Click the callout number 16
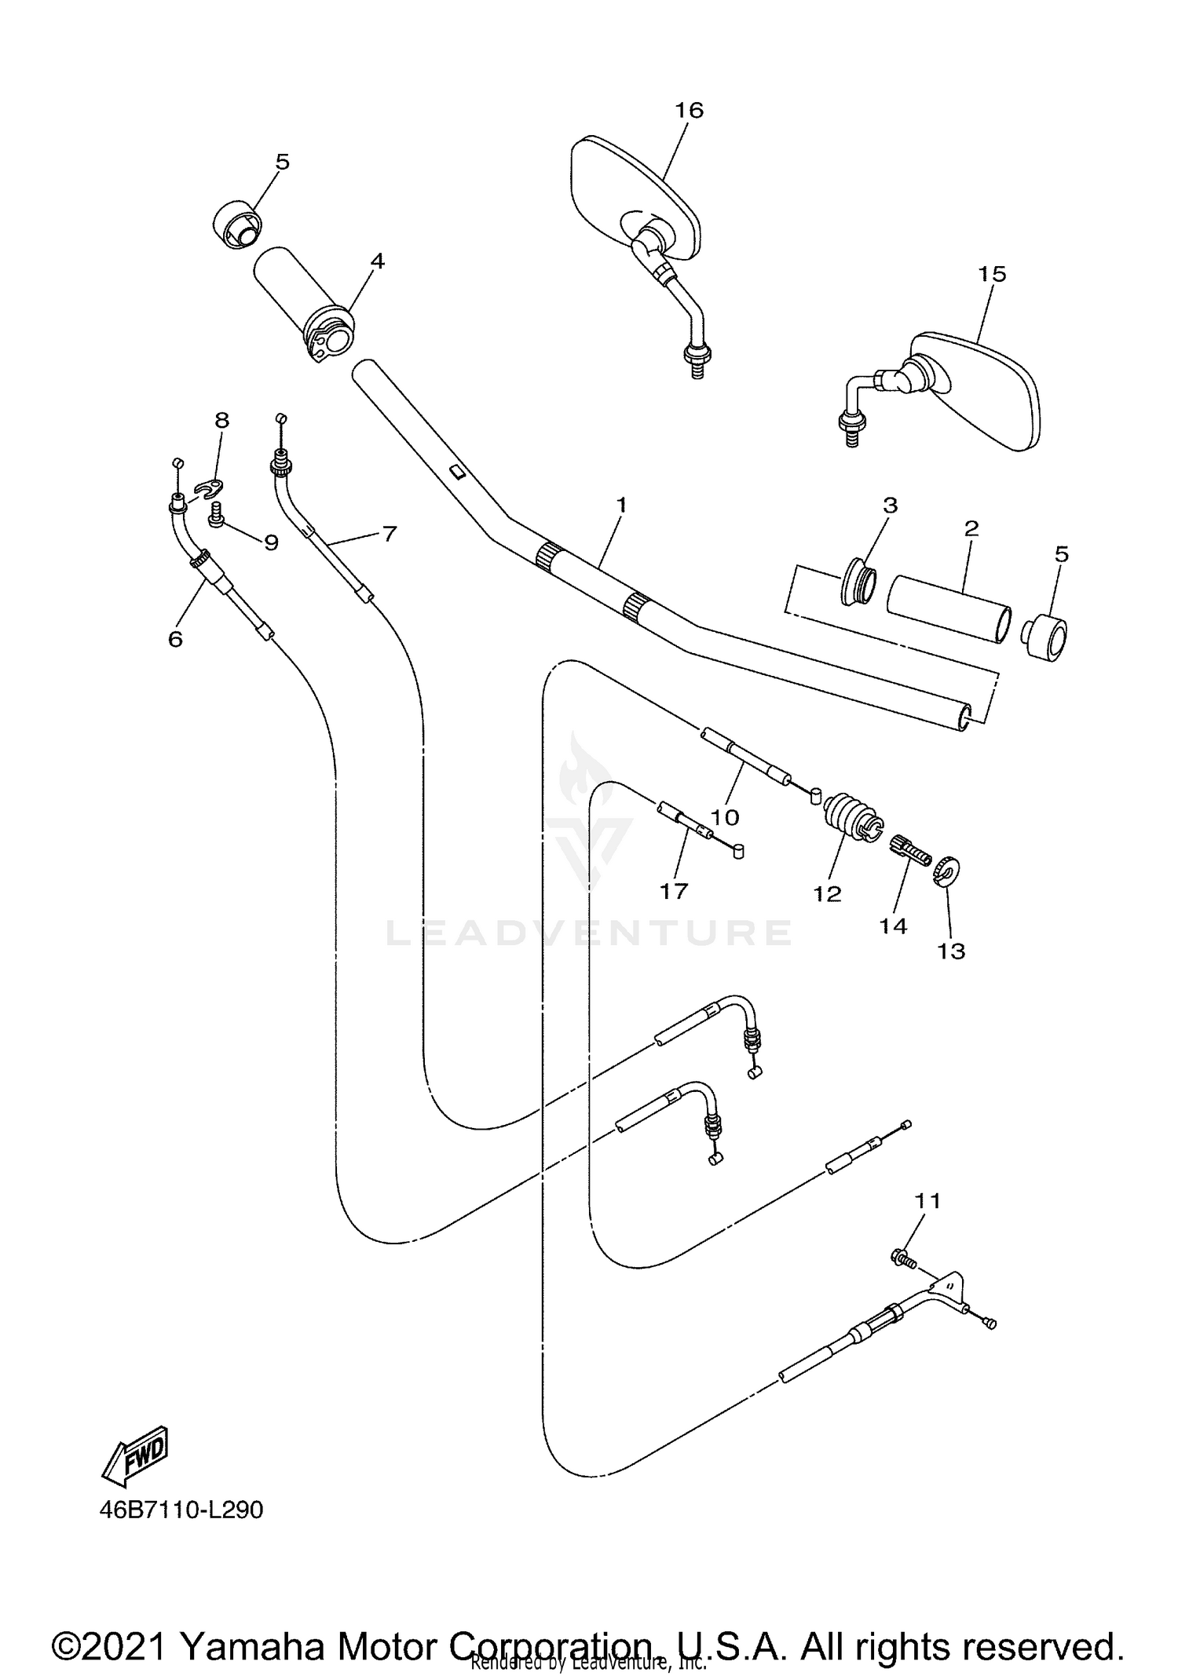pyautogui.click(x=689, y=110)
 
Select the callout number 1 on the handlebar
pyautogui.click(x=621, y=505)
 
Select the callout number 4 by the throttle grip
pyautogui.click(x=378, y=261)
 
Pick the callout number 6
pyautogui.click(x=175, y=639)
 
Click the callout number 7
pyautogui.click(x=390, y=534)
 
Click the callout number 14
pyautogui.click(x=893, y=926)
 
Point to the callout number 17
pyautogui.click(x=674, y=891)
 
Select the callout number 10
pyautogui.click(x=725, y=817)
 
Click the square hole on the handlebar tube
pyautogui.click(x=456, y=472)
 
